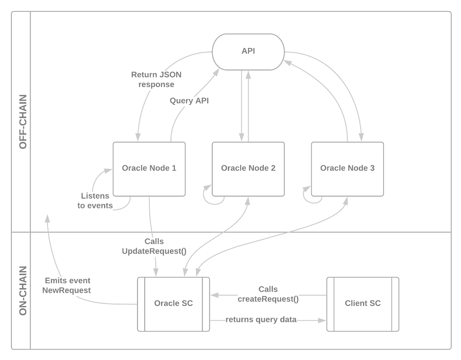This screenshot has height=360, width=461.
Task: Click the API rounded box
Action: [x=248, y=51]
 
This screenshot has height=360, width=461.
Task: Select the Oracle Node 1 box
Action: [x=149, y=169]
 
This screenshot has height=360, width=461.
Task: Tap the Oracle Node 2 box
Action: [x=248, y=169]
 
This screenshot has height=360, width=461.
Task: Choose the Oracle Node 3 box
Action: [x=347, y=169]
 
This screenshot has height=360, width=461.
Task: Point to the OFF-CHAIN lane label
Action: [x=22, y=122]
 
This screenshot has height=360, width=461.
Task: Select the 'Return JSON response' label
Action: [x=156, y=79]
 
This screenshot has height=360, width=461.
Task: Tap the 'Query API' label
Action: [x=189, y=100]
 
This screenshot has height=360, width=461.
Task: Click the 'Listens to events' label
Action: [x=95, y=201]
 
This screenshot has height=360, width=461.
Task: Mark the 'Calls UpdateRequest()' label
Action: [x=154, y=246]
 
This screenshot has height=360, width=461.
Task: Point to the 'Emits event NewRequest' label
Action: [x=67, y=286]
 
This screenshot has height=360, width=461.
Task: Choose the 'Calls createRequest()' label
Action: [x=268, y=294]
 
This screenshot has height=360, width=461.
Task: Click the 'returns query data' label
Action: [x=261, y=319]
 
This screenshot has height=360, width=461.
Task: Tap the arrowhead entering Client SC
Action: [x=322, y=320]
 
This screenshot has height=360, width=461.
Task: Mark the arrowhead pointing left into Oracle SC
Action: [x=214, y=295]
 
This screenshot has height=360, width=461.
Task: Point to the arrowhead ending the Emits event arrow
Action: [x=47, y=218]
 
